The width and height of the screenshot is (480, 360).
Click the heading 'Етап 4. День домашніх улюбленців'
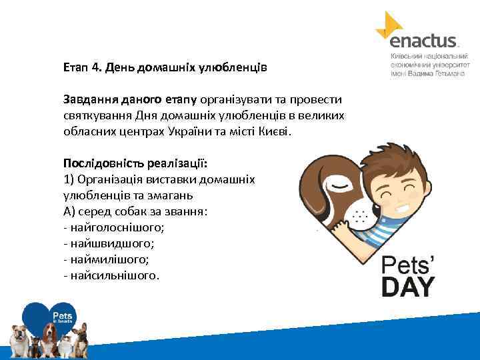pyautogui.click(x=165, y=67)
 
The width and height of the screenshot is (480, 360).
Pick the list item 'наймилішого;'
pyautogui.click(x=109, y=259)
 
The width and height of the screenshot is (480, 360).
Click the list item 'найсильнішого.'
pyautogui.click(x=114, y=275)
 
